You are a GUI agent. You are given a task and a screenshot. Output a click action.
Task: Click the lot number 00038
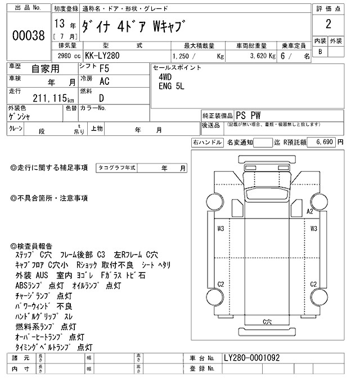tap(28, 35)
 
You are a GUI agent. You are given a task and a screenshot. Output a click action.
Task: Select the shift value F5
tap(105, 69)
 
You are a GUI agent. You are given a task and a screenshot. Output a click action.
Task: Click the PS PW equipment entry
tap(249, 114)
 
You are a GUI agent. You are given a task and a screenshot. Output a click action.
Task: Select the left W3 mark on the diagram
tap(220, 228)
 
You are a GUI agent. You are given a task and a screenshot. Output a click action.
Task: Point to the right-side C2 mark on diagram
tap(314, 284)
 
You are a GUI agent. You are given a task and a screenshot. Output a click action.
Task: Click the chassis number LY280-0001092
tap(251, 358)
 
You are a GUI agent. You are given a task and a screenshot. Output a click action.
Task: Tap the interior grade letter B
tap(321, 52)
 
